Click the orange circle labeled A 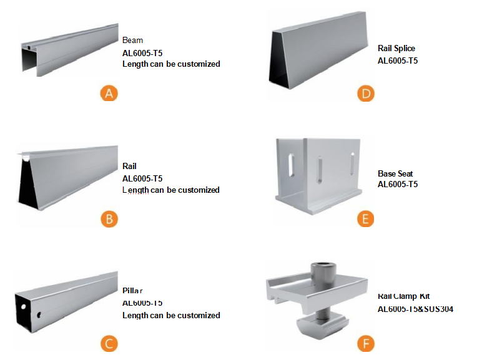(x=109, y=94)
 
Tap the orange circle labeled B (x=109, y=218)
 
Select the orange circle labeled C (x=109, y=343)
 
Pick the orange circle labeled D (x=365, y=94)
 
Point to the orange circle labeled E (x=365, y=218)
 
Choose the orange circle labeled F (x=365, y=343)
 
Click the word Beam (x=132, y=41)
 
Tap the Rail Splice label (x=396, y=48)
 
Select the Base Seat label (x=395, y=173)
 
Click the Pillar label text (x=132, y=291)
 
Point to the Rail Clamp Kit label (x=403, y=296)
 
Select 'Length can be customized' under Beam (x=171, y=64)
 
